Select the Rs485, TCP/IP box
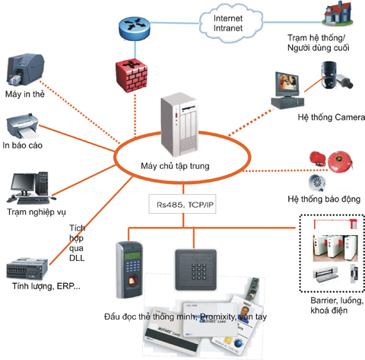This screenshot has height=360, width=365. pos(181,203)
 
